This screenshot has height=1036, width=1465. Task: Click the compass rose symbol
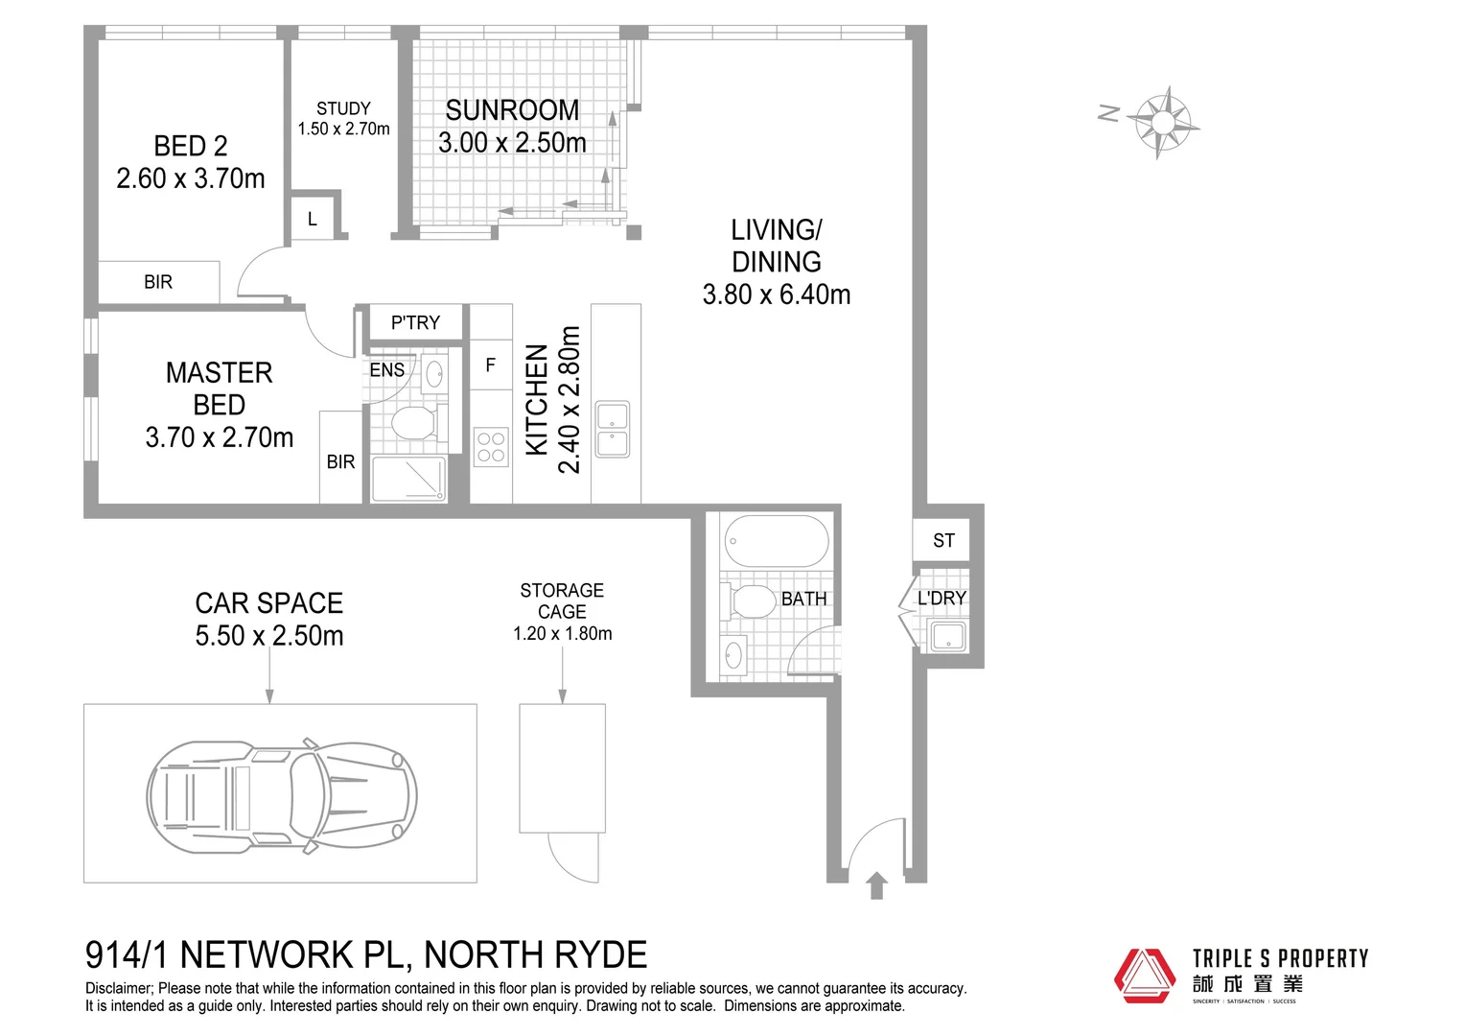pos(1162,122)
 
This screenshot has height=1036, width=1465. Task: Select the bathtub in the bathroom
pos(776,542)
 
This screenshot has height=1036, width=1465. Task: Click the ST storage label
pos(943,541)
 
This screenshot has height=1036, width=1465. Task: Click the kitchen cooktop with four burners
pos(491,447)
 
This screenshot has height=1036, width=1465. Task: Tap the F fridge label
pos(491,365)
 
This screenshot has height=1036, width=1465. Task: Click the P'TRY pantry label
pos(415,323)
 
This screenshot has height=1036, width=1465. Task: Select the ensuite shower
pos(409,479)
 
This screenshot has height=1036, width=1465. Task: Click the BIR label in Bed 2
pos(158,282)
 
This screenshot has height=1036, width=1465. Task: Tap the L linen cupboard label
pos(313,220)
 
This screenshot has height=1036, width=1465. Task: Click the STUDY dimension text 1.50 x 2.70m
pos(343,129)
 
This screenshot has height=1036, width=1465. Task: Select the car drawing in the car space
pos(282,795)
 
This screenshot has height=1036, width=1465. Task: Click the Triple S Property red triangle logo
pos(1144,976)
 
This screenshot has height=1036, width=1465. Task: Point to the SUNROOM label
pos(512,110)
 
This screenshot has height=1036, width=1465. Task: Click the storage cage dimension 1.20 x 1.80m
pos(562,634)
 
